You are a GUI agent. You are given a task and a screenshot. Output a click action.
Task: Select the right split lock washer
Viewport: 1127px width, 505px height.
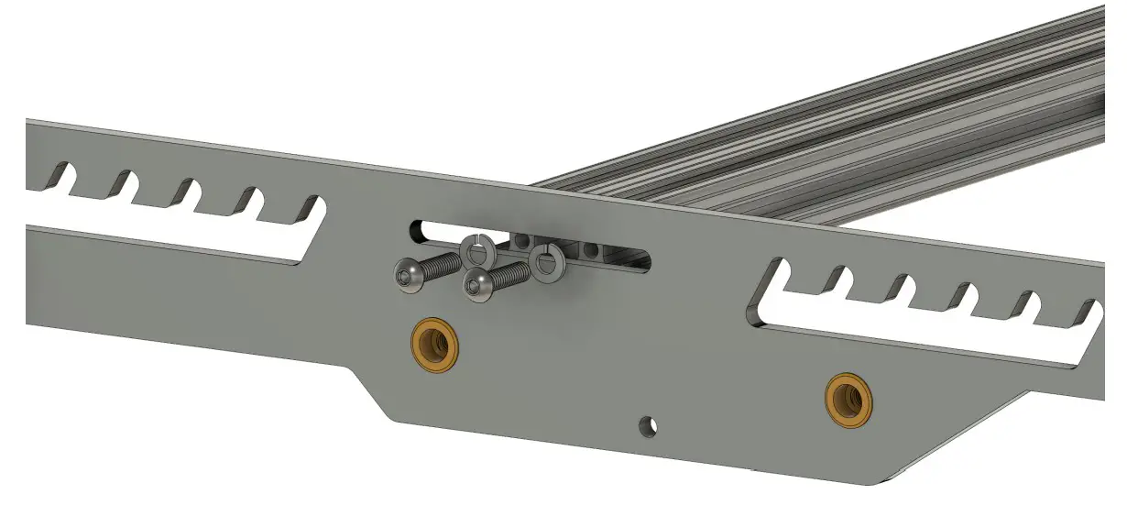(547, 263)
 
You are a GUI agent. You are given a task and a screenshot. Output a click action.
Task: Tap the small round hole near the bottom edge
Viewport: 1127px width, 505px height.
(649, 424)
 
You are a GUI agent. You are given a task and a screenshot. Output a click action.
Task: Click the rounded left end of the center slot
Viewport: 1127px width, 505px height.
(418, 229)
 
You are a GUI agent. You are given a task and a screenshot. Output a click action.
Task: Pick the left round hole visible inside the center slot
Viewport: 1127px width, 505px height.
(522, 242)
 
